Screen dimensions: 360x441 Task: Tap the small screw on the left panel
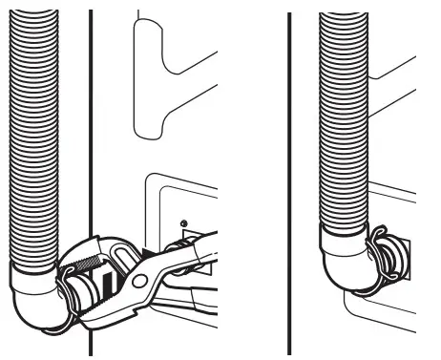181,223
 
